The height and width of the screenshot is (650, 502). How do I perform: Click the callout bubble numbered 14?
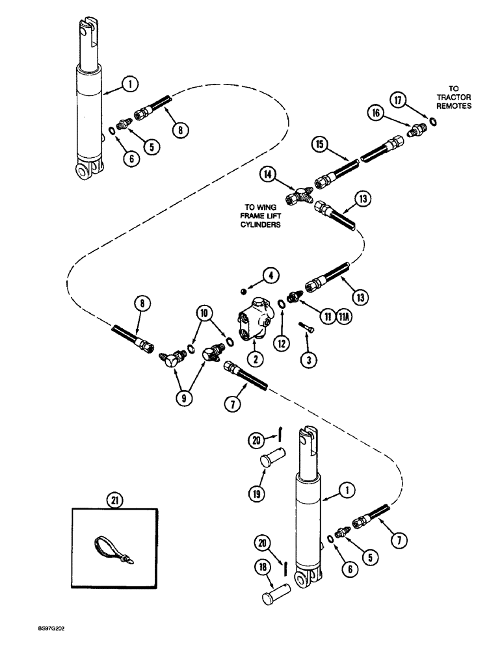(268, 174)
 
